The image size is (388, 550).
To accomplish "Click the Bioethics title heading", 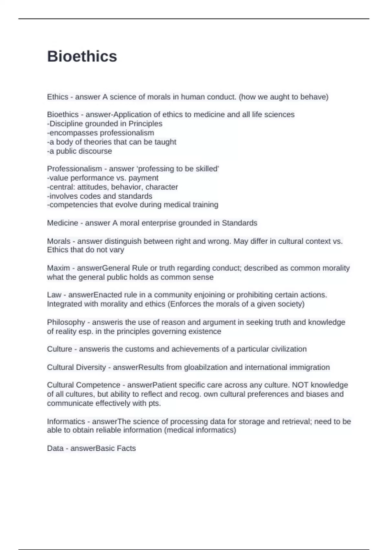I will (82, 56).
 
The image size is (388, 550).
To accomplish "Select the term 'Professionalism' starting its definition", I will (74, 169).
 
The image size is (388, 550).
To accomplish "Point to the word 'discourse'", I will (97, 151).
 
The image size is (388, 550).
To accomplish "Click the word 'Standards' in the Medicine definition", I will (239, 223).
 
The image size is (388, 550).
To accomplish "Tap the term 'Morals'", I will (59, 241).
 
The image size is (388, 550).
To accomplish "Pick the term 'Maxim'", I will (58, 268).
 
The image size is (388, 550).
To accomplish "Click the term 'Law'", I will (54, 295).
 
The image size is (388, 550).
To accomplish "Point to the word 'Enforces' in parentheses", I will (185, 304).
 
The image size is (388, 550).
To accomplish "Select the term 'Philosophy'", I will (66, 322).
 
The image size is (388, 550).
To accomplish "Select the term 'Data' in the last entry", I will (55, 448).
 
